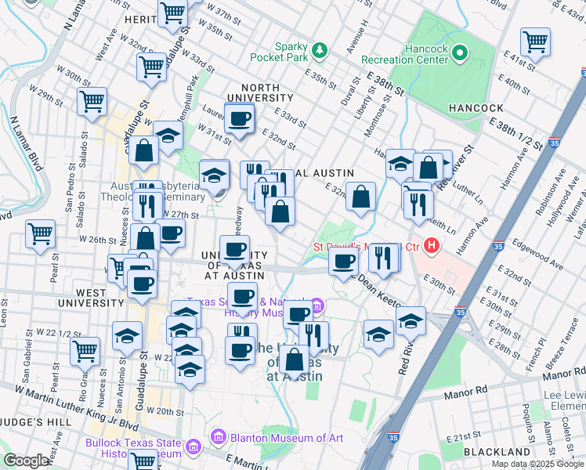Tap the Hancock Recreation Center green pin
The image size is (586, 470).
[x=460, y=54]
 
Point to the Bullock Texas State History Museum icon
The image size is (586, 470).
[x=194, y=447]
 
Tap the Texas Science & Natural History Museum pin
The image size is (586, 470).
[x=317, y=305]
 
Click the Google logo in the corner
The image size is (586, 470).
[x=27, y=461]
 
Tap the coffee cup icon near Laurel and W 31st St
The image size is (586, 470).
[x=240, y=120]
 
